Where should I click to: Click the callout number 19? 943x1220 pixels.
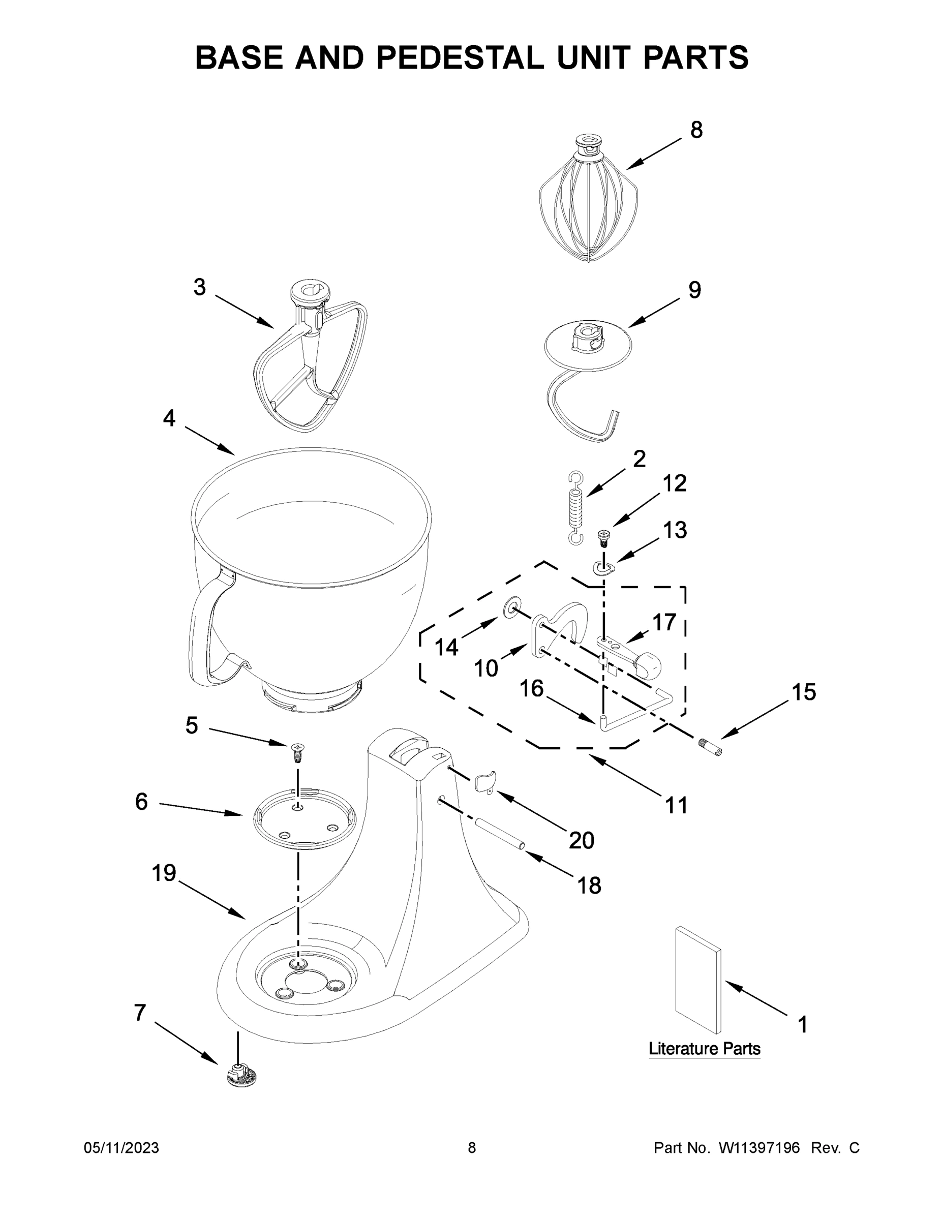coord(164,872)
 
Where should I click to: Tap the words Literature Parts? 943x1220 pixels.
coord(704,1049)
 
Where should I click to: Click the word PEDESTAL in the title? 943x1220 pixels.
coord(461,57)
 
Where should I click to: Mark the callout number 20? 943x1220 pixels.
coord(581,840)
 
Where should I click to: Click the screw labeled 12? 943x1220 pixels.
coord(603,538)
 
